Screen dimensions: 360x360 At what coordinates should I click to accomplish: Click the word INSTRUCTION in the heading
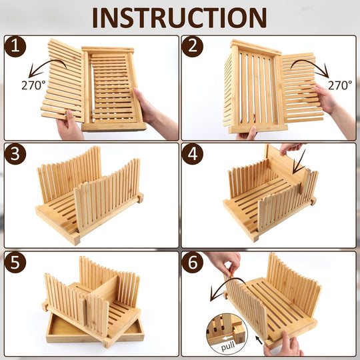pyautogui.click(x=179, y=18)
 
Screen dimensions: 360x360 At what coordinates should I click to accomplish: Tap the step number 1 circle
pyautogui.click(x=15, y=47)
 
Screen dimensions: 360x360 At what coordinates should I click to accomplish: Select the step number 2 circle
pyautogui.click(x=193, y=47)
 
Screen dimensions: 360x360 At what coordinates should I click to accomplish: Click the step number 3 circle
pyautogui.click(x=15, y=154)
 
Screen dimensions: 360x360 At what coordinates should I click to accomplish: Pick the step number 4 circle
pyautogui.click(x=193, y=154)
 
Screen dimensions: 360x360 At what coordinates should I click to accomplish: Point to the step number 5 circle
pyautogui.click(x=15, y=262)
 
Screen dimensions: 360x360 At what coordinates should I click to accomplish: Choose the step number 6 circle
pyautogui.click(x=193, y=262)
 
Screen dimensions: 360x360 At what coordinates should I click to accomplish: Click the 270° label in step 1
pyautogui.click(x=33, y=85)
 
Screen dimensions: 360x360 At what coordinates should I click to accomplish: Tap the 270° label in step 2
pyautogui.click(x=340, y=85)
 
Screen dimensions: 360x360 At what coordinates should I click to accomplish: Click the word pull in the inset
pyautogui.click(x=228, y=346)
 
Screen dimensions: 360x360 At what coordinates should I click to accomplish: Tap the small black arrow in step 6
pyautogui.click(x=259, y=340)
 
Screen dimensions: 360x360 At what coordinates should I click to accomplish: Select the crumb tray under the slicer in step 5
pyautogui.click(x=95, y=331)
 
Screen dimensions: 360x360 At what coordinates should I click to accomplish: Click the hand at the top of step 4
pyautogui.click(x=291, y=148)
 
